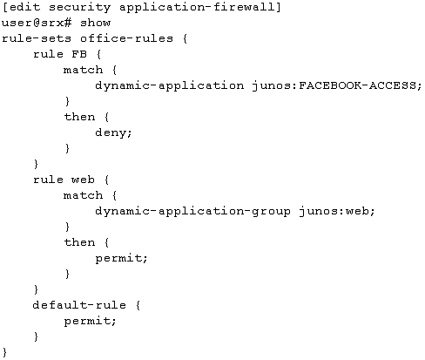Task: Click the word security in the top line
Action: pos(79,8)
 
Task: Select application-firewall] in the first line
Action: pos(200,8)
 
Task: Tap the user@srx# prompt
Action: pos(37,23)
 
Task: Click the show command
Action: pos(95,23)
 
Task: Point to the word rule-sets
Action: pos(37,38)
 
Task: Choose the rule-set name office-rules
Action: pos(126,38)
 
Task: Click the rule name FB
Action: pos(79,54)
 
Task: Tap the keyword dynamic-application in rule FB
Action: pos(170,85)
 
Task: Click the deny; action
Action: pos(113,132)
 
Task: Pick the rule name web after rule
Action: pos(83,180)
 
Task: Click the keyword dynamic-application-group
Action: pos(192,211)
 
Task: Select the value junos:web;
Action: pos(337,211)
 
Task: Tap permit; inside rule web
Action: pos(121,258)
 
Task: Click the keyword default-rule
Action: pos(79,305)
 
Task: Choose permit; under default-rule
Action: pos(90,321)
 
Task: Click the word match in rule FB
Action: pos(83,70)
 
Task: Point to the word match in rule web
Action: pos(83,195)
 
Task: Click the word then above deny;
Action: pos(79,117)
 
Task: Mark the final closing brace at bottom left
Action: pos(4,352)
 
